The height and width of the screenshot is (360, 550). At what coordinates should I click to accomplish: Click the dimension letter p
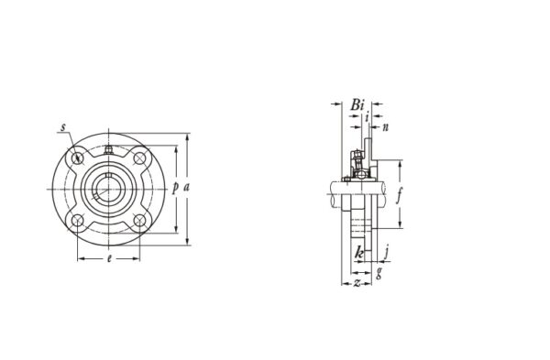coord(175,188)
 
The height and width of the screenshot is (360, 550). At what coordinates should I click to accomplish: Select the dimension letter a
coord(187,188)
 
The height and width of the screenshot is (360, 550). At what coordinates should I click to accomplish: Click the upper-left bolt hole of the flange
coord(78,158)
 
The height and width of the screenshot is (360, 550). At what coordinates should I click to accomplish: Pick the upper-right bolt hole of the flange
coord(139,158)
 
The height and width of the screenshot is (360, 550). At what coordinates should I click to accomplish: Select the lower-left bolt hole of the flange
coord(78,220)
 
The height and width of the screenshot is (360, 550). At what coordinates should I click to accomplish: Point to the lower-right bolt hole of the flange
coord(139,220)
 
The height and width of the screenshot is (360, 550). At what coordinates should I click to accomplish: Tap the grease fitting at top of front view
coord(108,149)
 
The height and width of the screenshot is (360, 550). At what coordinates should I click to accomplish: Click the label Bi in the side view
coord(356,105)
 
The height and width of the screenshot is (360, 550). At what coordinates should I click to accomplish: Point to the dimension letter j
coord(388,249)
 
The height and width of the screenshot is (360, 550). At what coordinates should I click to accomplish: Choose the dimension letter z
coord(356,283)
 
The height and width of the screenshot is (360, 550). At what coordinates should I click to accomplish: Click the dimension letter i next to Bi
coord(367,117)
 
